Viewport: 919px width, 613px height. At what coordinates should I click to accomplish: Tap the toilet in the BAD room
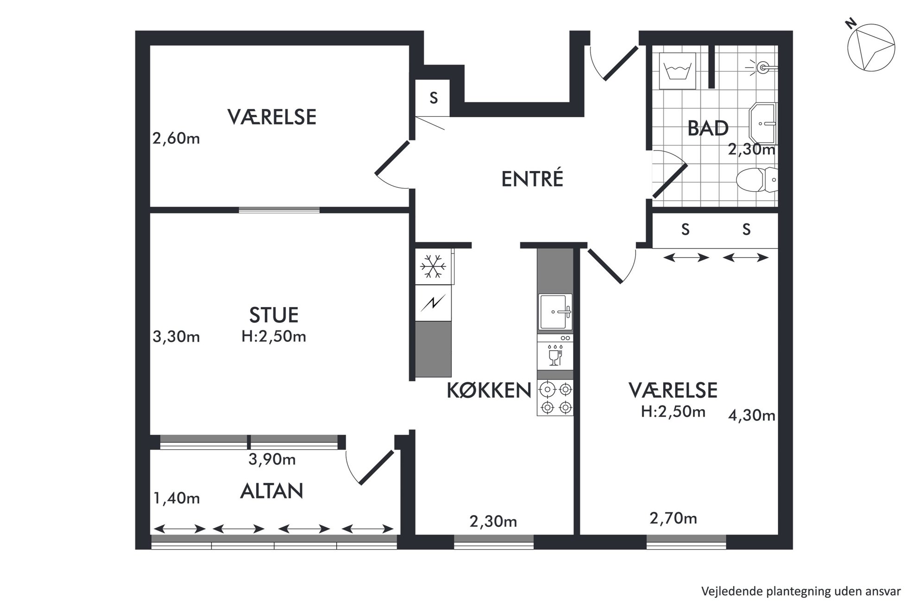[x=756, y=180]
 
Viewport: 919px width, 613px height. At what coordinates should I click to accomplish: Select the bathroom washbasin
[x=762, y=124]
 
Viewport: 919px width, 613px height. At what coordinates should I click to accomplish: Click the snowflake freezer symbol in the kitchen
[x=433, y=267]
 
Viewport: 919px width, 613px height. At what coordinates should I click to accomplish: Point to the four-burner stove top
[x=555, y=398]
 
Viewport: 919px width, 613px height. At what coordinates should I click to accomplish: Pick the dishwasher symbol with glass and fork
[x=555, y=355]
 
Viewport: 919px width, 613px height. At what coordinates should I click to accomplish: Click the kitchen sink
[x=555, y=312]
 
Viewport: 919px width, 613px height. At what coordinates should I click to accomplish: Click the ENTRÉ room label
[x=532, y=179]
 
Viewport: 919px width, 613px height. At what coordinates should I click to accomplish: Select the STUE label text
[x=274, y=315]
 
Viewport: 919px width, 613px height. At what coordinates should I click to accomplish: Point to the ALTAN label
[x=271, y=491]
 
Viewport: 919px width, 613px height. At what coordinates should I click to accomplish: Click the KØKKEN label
[x=489, y=391]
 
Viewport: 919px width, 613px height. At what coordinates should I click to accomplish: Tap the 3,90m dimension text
[x=272, y=459]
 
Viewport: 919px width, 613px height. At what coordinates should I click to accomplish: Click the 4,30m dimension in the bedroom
[x=752, y=415]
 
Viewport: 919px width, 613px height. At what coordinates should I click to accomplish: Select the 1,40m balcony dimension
[x=176, y=498]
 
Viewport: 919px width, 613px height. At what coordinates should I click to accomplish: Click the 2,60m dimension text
[x=176, y=138]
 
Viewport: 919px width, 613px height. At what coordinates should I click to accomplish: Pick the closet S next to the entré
[x=434, y=98]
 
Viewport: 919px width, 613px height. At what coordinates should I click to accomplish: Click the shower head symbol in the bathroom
[x=761, y=68]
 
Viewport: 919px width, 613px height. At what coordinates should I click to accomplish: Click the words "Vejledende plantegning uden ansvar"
[x=801, y=592]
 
